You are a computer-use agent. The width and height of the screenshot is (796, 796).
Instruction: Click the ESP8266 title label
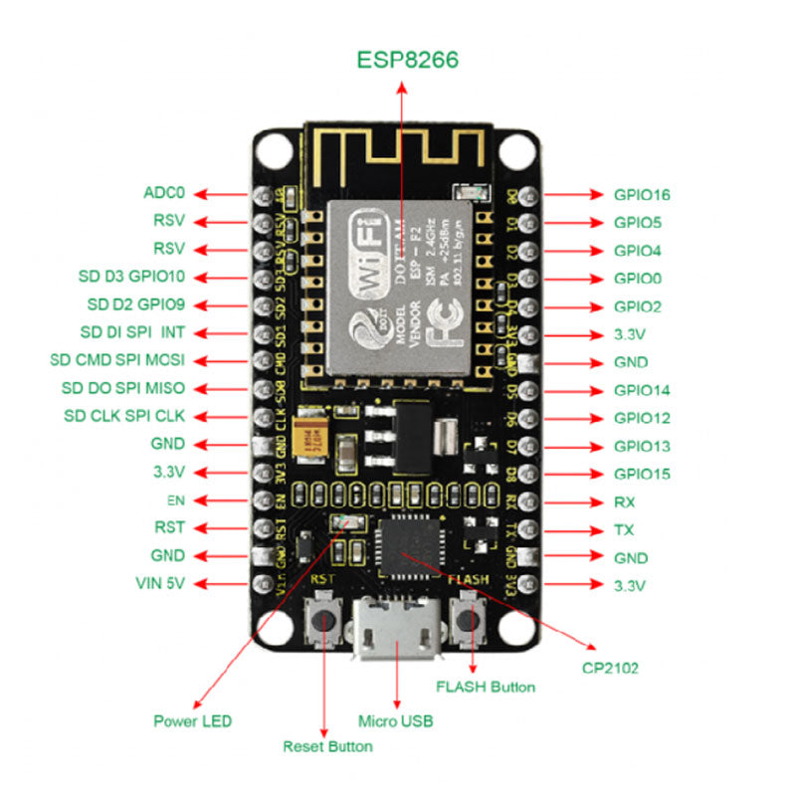click(x=408, y=60)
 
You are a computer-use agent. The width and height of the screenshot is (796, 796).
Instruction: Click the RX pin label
click(x=625, y=502)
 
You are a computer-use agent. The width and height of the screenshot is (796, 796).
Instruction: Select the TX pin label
click(x=625, y=530)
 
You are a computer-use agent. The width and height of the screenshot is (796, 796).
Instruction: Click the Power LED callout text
click(x=192, y=720)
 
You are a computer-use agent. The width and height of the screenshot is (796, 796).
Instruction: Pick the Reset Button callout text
click(x=327, y=745)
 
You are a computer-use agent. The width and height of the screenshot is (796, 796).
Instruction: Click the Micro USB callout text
click(x=395, y=720)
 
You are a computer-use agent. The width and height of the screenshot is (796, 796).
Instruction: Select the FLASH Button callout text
click(x=486, y=687)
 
